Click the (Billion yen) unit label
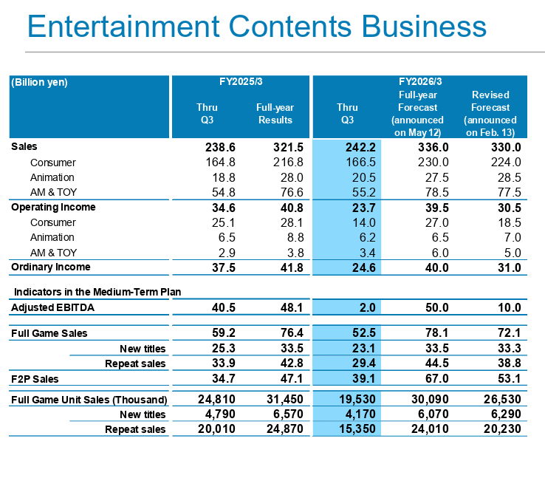[x=39, y=83]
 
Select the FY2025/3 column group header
[x=241, y=82]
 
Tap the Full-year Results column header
[x=275, y=114]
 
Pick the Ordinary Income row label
[x=51, y=267]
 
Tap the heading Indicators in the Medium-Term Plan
[x=97, y=292]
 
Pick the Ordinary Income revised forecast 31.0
[x=506, y=267]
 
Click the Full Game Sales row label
[x=49, y=333]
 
